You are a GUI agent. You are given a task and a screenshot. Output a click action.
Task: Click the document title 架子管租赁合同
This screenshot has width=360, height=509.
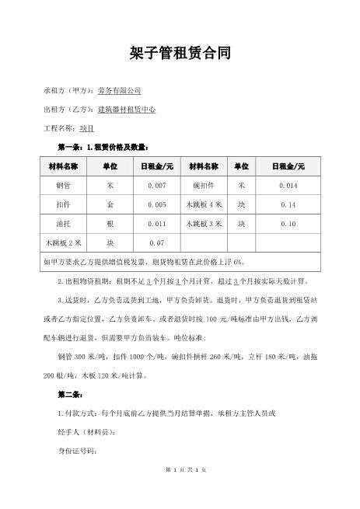point(180,53)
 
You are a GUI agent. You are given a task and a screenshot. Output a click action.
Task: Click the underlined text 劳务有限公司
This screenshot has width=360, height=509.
point(119,90)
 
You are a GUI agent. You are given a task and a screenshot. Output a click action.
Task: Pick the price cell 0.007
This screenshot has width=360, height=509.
point(157,187)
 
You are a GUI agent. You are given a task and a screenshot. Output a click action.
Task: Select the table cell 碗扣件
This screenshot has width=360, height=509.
point(204,187)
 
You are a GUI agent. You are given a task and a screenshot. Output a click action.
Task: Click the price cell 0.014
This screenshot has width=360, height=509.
point(288,187)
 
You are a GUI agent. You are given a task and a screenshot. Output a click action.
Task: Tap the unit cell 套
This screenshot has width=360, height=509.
point(110,205)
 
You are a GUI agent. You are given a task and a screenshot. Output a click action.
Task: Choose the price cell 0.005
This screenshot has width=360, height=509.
point(157,205)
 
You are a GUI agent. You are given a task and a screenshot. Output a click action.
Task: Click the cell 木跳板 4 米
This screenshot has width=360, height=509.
point(204,205)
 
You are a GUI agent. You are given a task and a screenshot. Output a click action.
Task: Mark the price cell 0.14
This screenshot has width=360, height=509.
point(288,205)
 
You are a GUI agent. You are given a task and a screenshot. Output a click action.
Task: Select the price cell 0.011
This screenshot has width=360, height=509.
point(157,224)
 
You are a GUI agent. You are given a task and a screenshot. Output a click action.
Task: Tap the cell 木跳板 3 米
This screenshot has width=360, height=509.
point(204,224)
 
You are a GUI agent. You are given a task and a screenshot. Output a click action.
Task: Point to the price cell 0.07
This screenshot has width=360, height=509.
point(157,242)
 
